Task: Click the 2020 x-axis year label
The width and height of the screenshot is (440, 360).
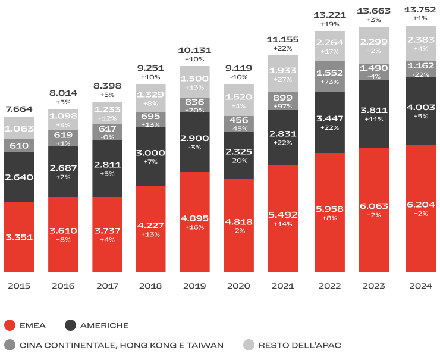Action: coord(238,286)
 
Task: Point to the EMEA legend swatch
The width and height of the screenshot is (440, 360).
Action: coord(10,325)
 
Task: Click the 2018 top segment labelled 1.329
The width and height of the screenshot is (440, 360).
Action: coord(150,95)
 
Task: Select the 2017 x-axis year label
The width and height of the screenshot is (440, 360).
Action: coord(106,286)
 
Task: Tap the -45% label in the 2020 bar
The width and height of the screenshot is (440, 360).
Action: coord(238,129)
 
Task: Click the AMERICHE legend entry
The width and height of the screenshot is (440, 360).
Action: coord(104,325)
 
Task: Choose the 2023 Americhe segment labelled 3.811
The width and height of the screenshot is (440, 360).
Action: coord(373,111)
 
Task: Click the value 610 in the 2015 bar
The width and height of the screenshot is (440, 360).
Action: coord(19,146)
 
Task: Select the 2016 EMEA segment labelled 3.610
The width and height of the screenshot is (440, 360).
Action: coord(63,230)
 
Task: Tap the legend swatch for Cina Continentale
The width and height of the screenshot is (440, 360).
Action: coord(10,345)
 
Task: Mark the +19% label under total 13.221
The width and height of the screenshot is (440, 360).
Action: coord(329,24)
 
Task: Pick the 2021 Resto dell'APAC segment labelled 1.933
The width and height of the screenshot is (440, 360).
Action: coord(282,70)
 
